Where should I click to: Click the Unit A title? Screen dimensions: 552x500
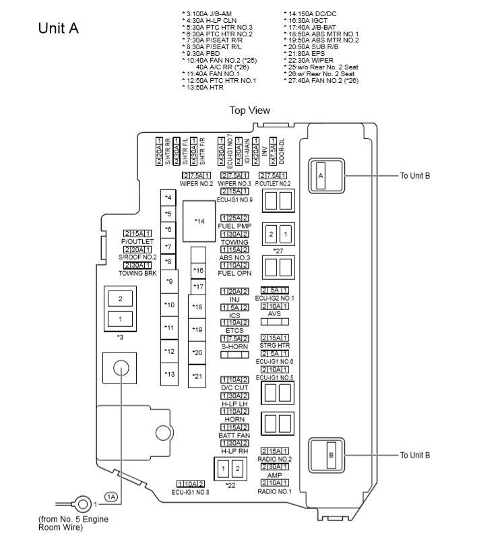click(59, 28)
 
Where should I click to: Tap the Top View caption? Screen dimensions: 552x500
click(249, 111)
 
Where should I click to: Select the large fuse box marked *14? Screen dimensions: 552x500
click(199, 221)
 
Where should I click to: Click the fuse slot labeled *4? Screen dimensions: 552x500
click(168, 197)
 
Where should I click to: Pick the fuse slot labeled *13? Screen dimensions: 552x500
click(168, 374)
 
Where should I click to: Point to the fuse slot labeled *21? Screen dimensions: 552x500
click(197, 376)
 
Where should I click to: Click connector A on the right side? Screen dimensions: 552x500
click(322, 176)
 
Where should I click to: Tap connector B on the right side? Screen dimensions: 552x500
click(331, 456)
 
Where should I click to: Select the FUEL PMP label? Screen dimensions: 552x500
click(235, 226)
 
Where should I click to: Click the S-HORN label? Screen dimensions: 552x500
click(235, 346)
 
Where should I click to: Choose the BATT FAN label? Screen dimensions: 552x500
click(235, 435)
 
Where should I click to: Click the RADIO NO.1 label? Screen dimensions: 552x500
click(274, 491)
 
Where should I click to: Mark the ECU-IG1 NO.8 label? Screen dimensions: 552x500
click(191, 492)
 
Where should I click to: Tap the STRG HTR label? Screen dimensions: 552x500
click(274, 346)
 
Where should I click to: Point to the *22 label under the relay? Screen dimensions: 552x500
click(231, 485)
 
